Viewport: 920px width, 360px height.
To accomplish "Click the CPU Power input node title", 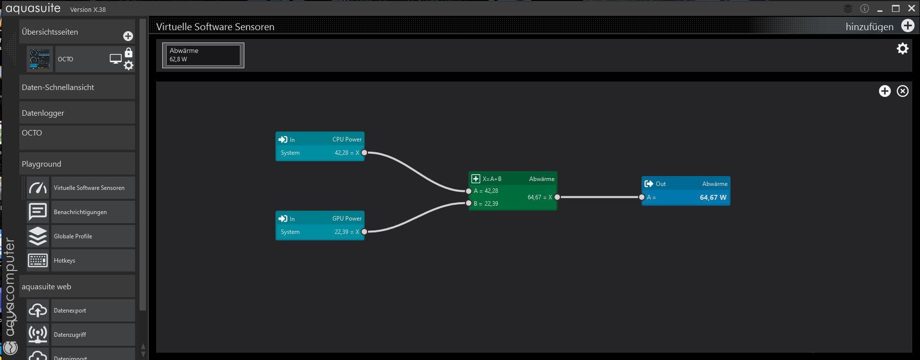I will pos(347,139).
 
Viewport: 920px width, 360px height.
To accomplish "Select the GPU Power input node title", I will pos(347,219).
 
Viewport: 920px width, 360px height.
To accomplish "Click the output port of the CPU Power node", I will pos(365,153).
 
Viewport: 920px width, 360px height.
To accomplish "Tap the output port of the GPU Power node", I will pos(365,232).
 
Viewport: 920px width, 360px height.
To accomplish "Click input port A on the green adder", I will pos(469,191).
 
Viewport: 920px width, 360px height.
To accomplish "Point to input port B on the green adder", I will pos(469,203).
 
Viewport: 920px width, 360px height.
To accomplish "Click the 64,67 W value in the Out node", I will pos(713,197).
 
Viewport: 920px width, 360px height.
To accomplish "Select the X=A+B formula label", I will pos(492,179).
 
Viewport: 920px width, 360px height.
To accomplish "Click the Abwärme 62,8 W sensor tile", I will pos(203,55).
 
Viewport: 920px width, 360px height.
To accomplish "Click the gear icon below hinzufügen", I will pos(903,48).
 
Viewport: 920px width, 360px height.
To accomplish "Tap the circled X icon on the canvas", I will pos(903,91).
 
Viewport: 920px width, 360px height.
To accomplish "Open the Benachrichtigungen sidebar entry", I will pos(80,212).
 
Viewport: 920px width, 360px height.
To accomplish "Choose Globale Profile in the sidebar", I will pos(73,236).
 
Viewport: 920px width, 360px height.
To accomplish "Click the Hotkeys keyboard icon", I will pos(38,261).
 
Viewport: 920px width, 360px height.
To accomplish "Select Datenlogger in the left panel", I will pos(43,113).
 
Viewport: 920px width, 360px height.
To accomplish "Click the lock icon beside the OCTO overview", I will pos(129,53).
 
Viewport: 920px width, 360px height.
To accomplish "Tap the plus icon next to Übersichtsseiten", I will pos(128,36).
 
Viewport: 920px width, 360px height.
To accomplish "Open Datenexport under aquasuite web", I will pos(70,311).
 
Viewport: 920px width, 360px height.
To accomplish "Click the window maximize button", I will pos(896,9).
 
